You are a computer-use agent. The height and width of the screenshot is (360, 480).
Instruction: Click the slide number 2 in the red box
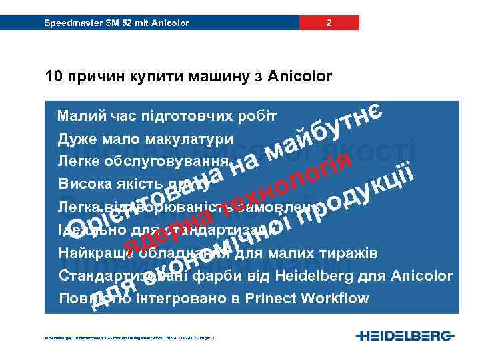(329, 23)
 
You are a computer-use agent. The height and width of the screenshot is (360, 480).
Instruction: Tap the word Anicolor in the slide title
(299, 77)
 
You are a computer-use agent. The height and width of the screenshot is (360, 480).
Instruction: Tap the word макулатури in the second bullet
(194, 139)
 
